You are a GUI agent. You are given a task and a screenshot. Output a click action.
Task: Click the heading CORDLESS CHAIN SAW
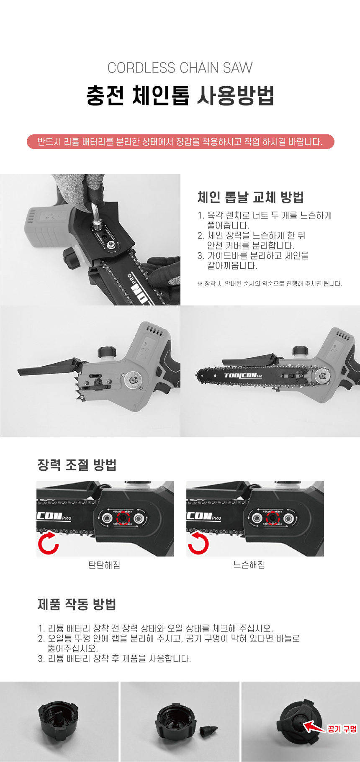tap(180, 68)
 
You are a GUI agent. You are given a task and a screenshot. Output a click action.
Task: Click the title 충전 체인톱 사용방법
tap(180, 95)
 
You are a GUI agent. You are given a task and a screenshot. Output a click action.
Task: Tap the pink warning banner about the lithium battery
tap(180, 141)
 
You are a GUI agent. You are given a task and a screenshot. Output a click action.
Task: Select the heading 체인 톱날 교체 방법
tap(250, 197)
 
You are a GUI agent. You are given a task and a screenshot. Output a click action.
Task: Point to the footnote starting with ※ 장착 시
tap(270, 284)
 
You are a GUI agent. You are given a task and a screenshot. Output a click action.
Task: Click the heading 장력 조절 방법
tap(77, 465)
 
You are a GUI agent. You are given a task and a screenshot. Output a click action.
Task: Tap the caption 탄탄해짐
tap(104, 565)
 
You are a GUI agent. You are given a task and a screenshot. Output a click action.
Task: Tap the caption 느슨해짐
tap(249, 565)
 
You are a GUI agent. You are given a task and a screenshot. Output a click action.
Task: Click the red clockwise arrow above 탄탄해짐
tap(49, 543)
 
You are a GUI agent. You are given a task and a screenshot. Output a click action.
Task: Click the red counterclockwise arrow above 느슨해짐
tap(198, 543)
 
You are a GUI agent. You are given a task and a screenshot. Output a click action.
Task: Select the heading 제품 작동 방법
tap(77, 604)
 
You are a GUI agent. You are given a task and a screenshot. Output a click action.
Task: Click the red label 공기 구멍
tap(342, 729)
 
